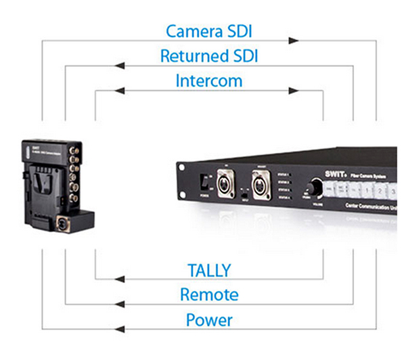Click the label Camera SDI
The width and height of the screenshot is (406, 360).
(203, 30)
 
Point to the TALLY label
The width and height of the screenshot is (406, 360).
(208, 270)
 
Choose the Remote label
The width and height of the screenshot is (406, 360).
(208, 294)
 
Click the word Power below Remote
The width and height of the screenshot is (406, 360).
(208, 319)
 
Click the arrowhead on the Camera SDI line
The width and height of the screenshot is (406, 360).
(292, 41)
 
